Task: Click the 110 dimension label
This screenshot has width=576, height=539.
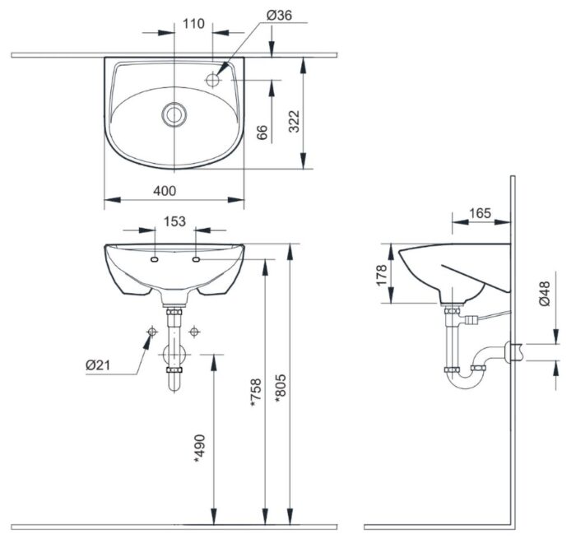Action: pos(194,23)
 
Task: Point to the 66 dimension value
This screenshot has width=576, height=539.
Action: pos(262,133)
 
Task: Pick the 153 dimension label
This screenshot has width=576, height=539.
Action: pos(174,221)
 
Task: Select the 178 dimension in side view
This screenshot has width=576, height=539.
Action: pos(381,274)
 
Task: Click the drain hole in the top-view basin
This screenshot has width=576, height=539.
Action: pos(174,114)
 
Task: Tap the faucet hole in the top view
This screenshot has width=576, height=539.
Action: pos(213,81)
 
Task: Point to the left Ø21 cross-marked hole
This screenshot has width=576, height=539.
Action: pos(152,332)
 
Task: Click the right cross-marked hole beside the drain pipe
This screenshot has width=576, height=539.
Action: pos(195,332)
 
